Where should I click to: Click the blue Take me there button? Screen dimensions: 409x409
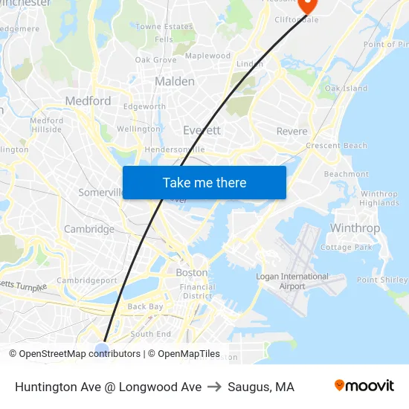point(204,182)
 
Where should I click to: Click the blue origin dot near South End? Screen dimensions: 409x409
point(102,347)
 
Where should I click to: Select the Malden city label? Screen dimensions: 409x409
point(175,81)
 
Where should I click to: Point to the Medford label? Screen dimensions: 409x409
point(88,101)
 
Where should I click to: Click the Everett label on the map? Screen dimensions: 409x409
point(202,130)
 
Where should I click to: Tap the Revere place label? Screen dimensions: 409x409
point(292,131)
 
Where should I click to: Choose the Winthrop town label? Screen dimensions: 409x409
point(355,228)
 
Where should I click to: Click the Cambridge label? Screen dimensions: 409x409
point(89,229)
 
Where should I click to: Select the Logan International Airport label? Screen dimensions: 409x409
point(282,281)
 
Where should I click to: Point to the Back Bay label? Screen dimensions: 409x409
point(145,306)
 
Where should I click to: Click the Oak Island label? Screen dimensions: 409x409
point(346,88)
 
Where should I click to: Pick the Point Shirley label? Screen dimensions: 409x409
point(381,280)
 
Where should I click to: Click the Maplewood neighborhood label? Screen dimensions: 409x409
point(207,56)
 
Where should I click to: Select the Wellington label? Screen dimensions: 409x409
point(138,129)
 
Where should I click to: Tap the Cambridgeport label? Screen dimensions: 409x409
point(87,280)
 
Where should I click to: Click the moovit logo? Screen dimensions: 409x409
point(364,385)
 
